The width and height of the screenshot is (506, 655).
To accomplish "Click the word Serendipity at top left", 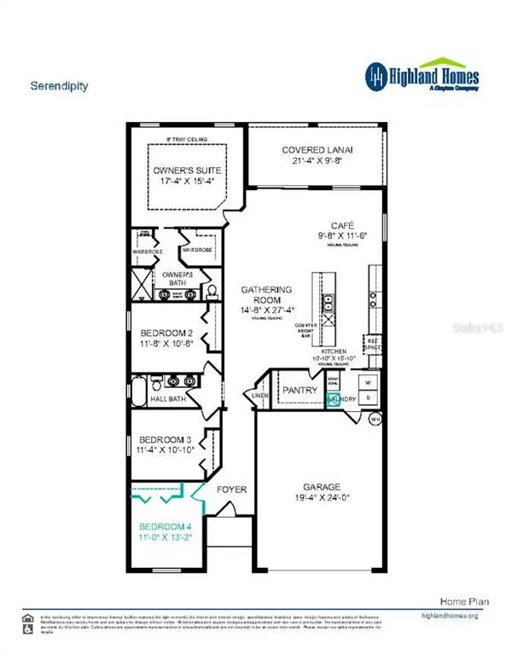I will coord(59,86).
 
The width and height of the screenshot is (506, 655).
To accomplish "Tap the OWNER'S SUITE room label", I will coord(181,170).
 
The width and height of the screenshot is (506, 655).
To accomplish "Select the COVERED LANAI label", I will coord(317,150).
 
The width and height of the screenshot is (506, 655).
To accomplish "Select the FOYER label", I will coord(231,490).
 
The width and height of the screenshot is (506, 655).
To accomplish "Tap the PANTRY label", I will coord(300,391).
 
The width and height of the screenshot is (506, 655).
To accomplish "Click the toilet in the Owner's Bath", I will coord(210,292).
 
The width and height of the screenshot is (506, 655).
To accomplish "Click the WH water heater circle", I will coord(374,419).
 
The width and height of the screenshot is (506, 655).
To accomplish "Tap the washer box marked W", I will coord(369,381).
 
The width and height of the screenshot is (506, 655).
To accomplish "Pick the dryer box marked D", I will coord(369,397).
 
